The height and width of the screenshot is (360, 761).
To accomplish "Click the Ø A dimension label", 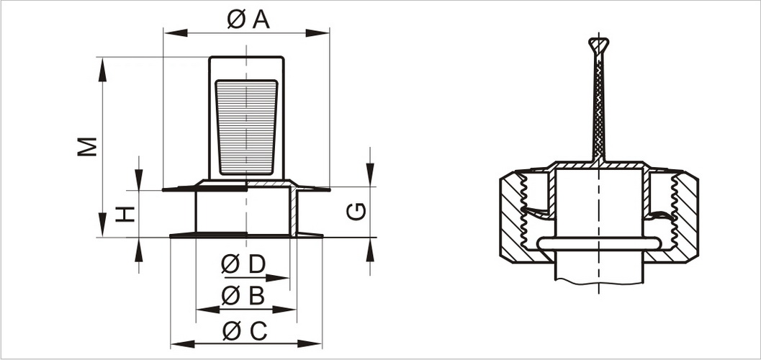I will (248, 20).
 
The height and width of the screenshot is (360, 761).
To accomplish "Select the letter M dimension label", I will (88, 146).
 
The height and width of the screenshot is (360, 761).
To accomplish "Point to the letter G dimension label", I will (356, 211).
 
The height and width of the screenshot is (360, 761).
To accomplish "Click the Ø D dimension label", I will (243, 264).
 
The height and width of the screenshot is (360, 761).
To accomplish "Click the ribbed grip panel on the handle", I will (246, 127).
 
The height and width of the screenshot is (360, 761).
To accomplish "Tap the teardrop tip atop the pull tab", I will (598, 45).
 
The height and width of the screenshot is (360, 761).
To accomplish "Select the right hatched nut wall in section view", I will (685, 216).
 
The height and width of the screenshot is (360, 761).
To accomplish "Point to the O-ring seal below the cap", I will (599, 243).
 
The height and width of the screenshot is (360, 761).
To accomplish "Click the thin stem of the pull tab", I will (598, 108).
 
